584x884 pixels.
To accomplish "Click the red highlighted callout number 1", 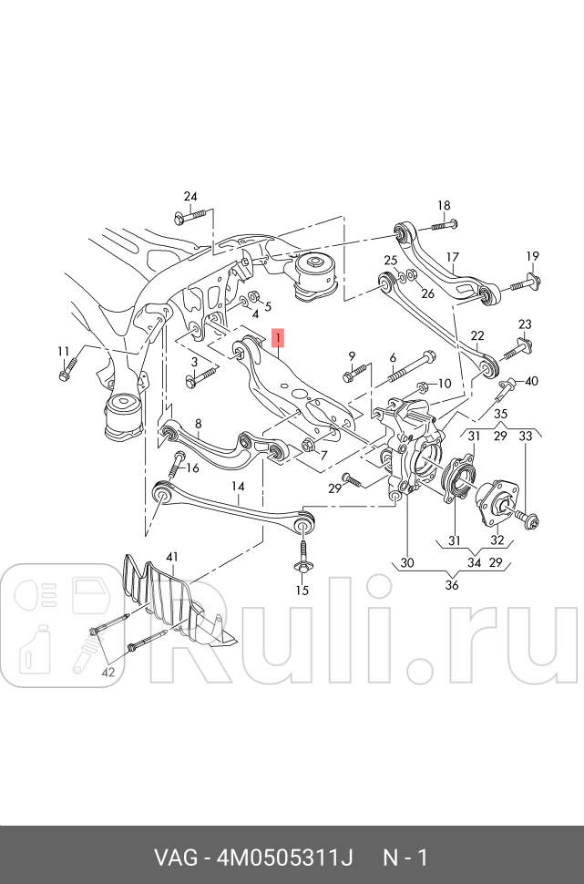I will tap(279, 339).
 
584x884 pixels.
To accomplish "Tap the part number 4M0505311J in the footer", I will tap(284, 858).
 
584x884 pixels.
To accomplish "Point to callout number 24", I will tap(190, 197).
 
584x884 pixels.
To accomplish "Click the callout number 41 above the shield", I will tap(173, 555).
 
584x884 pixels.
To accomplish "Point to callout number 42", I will tap(108, 673).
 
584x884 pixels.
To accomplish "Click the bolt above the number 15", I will tap(302, 558).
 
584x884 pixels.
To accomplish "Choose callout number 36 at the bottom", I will tap(452, 585).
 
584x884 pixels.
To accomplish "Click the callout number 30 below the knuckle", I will tap(406, 563).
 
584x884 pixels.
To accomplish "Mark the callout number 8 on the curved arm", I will tap(198, 423).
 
